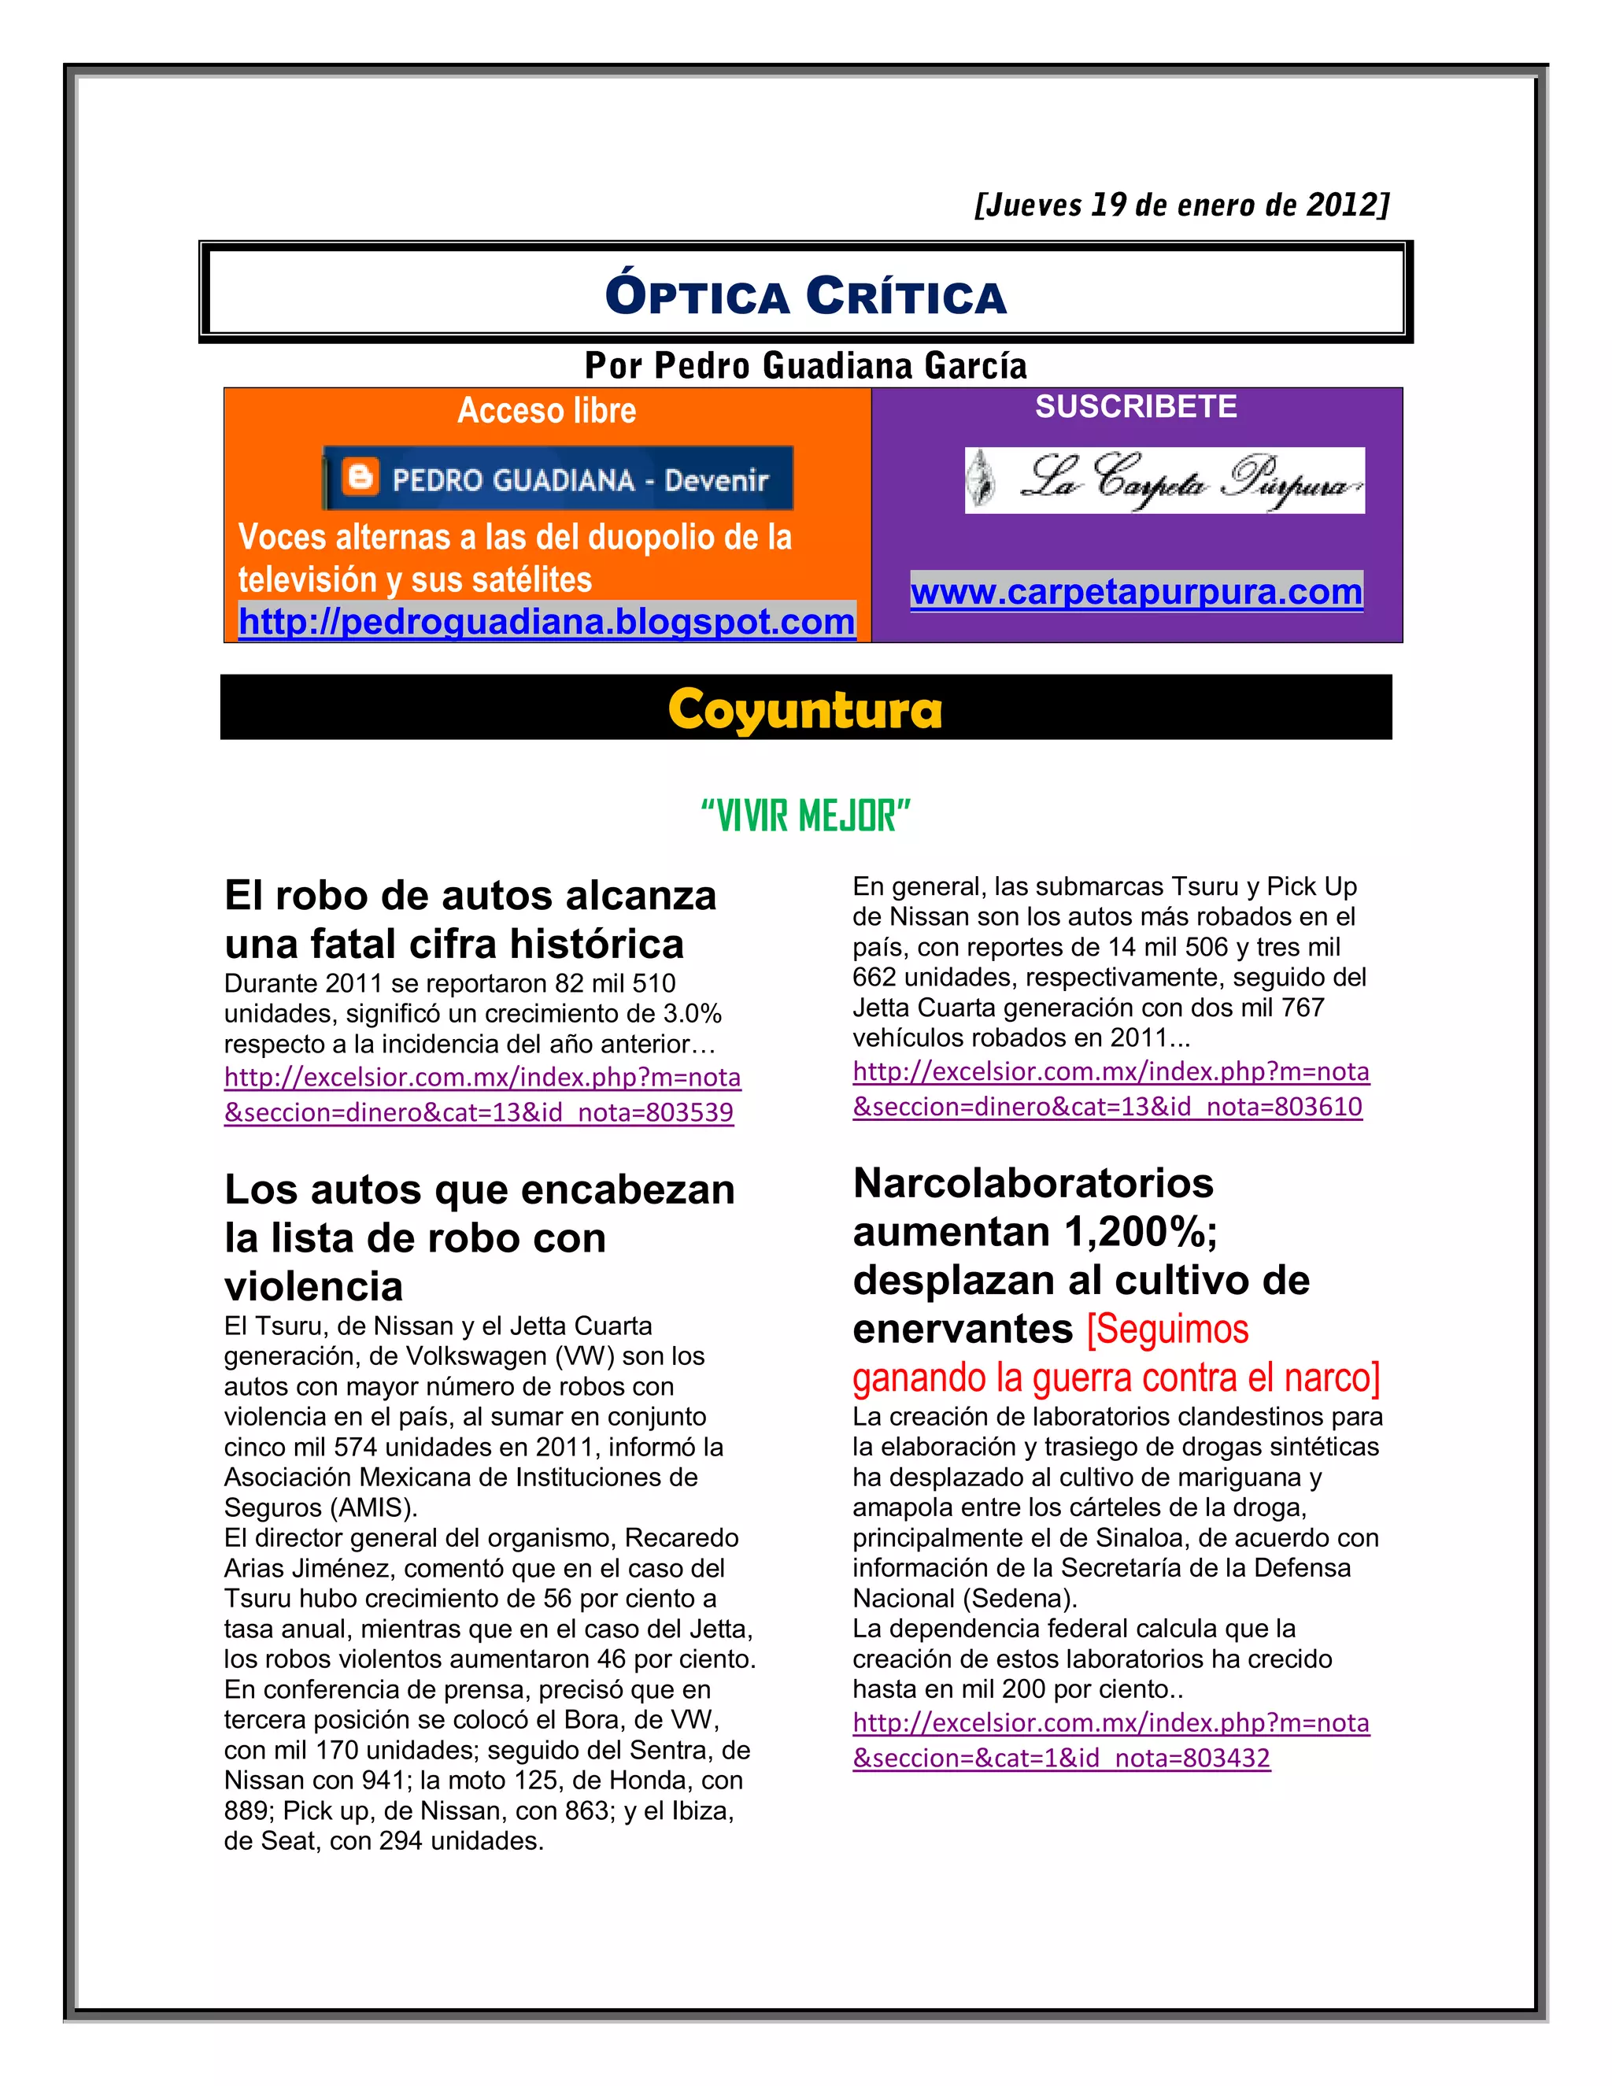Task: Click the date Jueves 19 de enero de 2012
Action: (x=1181, y=205)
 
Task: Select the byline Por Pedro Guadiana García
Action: (x=805, y=366)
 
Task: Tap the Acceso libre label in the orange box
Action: (x=546, y=411)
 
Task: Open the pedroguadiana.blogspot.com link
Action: (x=546, y=622)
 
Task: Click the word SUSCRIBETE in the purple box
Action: (x=1136, y=407)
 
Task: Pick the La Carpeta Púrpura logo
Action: (x=1164, y=480)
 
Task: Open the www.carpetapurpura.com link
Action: (x=1137, y=592)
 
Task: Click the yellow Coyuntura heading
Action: (x=805, y=710)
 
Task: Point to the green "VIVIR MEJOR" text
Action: (x=805, y=816)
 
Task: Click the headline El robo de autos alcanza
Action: (x=470, y=896)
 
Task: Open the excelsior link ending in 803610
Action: (x=1110, y=1089)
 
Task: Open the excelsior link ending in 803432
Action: (x=1110, y=1740)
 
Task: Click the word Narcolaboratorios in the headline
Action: (x=1033, y=1183)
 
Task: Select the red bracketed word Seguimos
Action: (x=1167, y=1330)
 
